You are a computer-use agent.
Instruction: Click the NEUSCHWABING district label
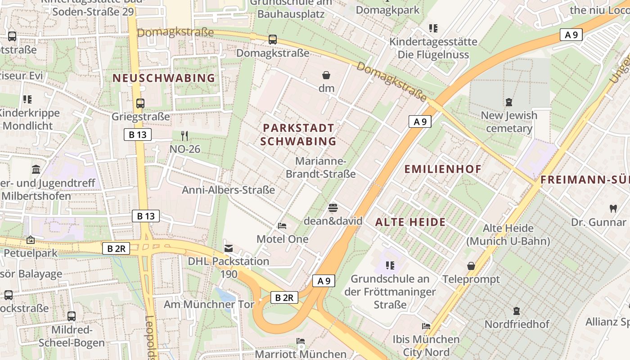pyautogui.click(x=164, y=78)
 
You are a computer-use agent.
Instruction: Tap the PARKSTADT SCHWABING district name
pyautogui.click(x=298, y=135)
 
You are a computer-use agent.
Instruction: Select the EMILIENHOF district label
pyautogui.click(x=443, y=169)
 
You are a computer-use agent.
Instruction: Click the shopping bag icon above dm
pyautogui.click(x=326, y=75)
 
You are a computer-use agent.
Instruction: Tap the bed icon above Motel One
pyautogui.click(x=282, y=225)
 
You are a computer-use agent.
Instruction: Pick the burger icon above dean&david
pyautogui.click(x=333, y=207)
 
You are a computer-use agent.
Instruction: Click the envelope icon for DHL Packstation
pyautogui.click(x=229, y=248)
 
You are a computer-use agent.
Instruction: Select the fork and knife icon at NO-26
pyautogui.click(x=184, y=135)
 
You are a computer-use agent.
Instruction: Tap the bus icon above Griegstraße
pyautogui.click(x=140, y=103)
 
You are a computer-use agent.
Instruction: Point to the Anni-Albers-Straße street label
pyautogui.click(x=228, y=190)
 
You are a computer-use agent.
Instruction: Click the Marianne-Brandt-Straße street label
pyautogui.click(x=320, y=167)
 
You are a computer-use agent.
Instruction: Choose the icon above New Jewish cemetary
pyautogui.click(x=509, y=102)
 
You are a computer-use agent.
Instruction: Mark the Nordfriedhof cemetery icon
pyautogui.click(x=517, y=310)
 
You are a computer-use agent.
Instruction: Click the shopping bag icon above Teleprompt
pyautogui.click(x=471, y=266)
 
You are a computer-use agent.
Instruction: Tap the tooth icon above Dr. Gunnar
pyautogui.click(x=612, y=208)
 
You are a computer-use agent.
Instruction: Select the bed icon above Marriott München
pyautogui.click(x=301, y=341)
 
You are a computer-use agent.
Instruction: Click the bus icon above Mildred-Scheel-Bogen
pyautogui.click(x=71, y=316)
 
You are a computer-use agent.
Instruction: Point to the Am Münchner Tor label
pyautogui.click(x=209, y=304)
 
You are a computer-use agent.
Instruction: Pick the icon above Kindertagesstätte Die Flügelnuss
pyautogui.click(x=433, y=28)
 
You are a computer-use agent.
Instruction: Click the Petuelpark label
pyautogui.click(x=31, y=253)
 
